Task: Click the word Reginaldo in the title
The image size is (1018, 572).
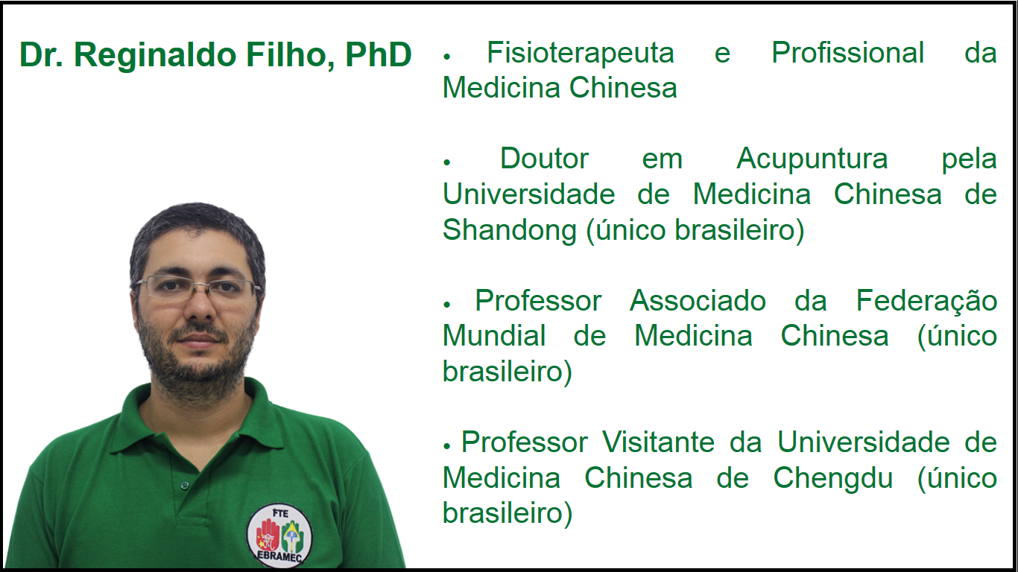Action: (155, 56)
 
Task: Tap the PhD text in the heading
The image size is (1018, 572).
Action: (378, 54)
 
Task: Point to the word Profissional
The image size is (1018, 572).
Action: (848, 53)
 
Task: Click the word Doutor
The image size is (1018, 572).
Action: (545, 159)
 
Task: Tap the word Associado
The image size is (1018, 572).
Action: (698, 301)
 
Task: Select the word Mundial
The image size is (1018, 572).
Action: (494, 336)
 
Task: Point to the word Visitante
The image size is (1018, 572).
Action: (659, 442)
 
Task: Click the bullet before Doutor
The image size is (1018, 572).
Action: (446, 162)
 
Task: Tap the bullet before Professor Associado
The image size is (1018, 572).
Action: (446, 305)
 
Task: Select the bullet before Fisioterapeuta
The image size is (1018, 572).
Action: (446, 57)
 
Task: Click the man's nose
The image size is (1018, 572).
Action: (200, 302)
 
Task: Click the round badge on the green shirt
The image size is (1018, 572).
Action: (279, 536)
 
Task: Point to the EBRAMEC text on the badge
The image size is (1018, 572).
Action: (279, 556)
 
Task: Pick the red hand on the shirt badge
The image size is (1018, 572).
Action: (268, 535)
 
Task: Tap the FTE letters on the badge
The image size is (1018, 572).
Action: (280, 513)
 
